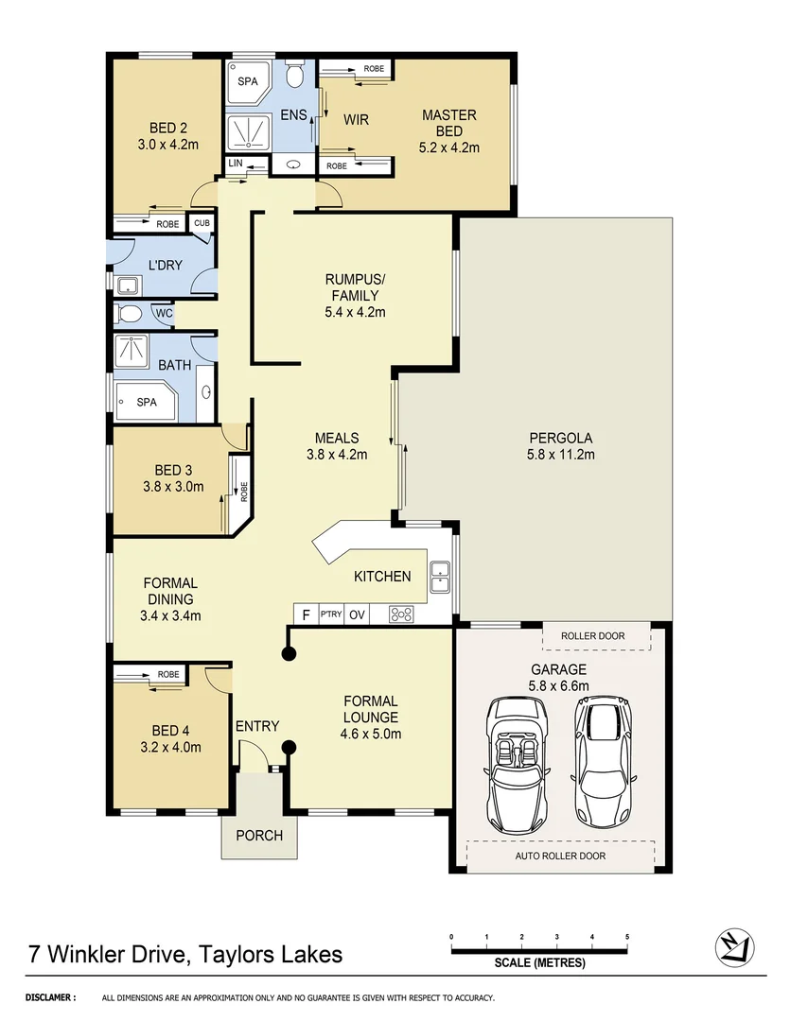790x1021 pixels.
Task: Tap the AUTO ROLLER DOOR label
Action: (560, 856)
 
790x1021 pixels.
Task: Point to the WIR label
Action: (356, 120)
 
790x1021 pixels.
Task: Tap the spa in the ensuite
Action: (247, 82)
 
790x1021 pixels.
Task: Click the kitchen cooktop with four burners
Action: (402, 614)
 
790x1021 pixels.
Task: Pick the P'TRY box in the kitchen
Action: (330, 614)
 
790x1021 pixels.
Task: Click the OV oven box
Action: (357, 614)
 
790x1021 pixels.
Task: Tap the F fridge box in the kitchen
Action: (305, 614)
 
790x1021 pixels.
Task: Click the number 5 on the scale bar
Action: (626, 936)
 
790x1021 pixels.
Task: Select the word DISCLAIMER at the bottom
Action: (50, 997)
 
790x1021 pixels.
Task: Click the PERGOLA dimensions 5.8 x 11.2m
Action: (560, 455)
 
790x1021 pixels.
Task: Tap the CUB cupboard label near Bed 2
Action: (202, 223)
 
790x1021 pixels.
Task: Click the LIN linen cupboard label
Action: (236, 164)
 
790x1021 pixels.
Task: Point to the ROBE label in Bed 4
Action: (168, 674)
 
